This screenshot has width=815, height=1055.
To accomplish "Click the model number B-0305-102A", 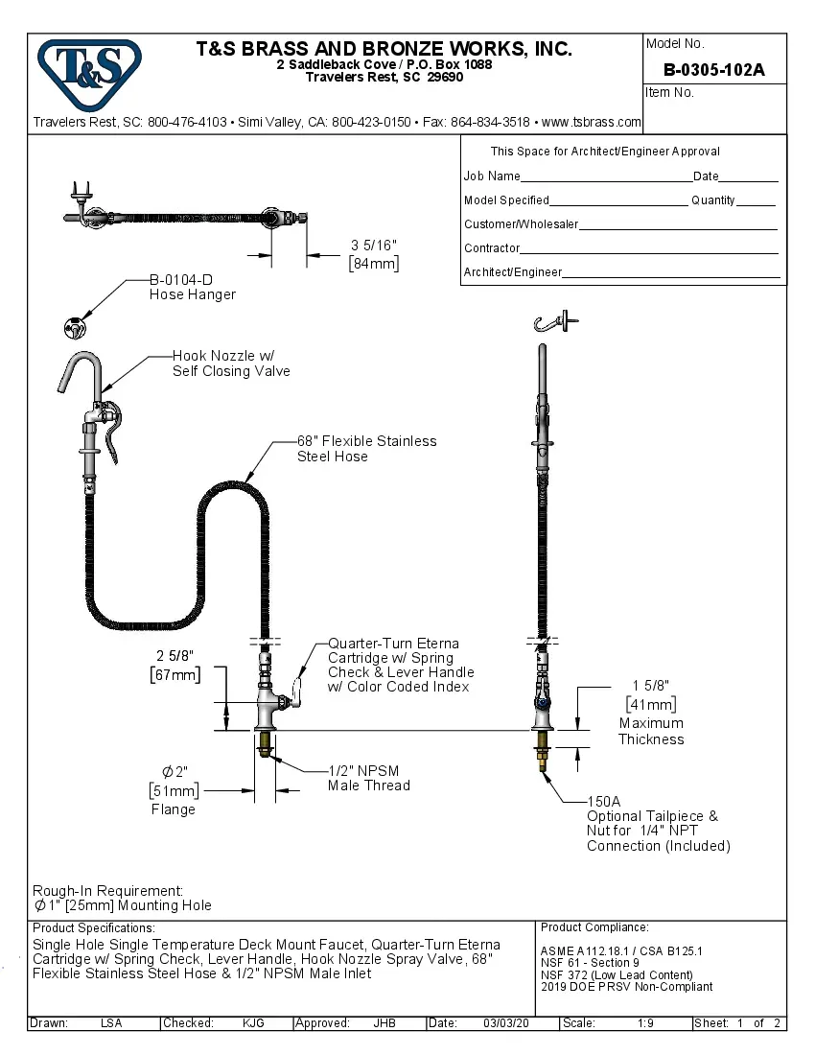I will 713,70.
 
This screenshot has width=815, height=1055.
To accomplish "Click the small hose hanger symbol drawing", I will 72,329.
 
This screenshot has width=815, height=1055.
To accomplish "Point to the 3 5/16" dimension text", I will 373,246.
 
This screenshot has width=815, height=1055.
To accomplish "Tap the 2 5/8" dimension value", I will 175,655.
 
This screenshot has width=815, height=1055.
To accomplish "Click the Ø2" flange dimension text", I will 175,772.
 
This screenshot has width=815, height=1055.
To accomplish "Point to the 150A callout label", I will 604,801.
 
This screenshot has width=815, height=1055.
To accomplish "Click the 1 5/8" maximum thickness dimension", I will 650,686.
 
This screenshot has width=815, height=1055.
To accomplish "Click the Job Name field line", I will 605,178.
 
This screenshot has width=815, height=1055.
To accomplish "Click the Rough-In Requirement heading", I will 107,890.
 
